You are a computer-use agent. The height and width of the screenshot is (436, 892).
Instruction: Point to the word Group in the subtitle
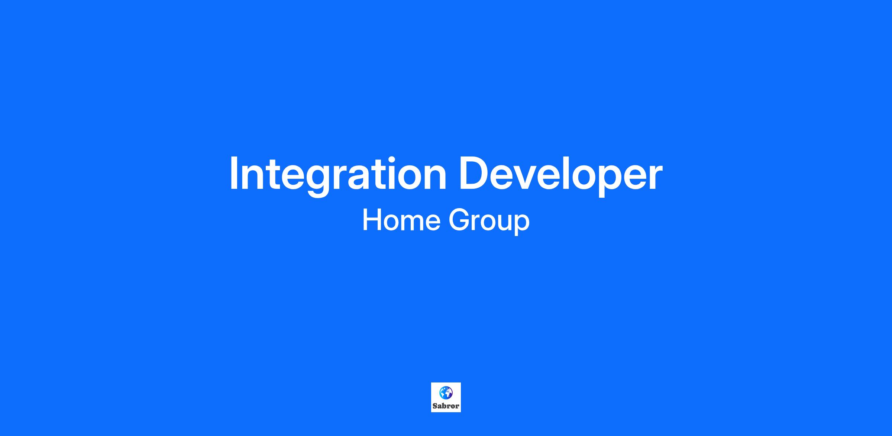[x=489, y=221]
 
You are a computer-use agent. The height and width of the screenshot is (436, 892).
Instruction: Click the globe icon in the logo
[x=446, y=393]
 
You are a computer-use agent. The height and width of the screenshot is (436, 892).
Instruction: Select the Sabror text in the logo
[x=446, y=406]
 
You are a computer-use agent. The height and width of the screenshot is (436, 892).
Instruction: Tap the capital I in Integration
[x=234, y=173]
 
